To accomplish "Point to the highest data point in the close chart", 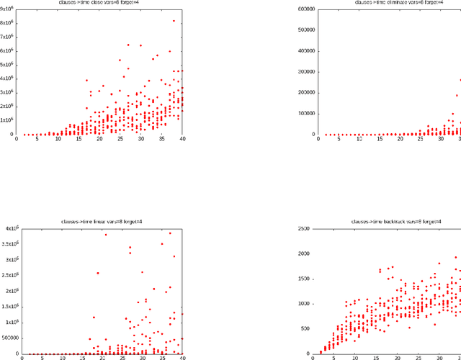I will click(174, 21).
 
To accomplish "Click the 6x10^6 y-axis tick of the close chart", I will click(8, 51).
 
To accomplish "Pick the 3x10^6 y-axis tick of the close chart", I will click(8, 93).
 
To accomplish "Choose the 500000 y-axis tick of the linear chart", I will click(12, 338).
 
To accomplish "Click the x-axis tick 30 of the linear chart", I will click(142, 359).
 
